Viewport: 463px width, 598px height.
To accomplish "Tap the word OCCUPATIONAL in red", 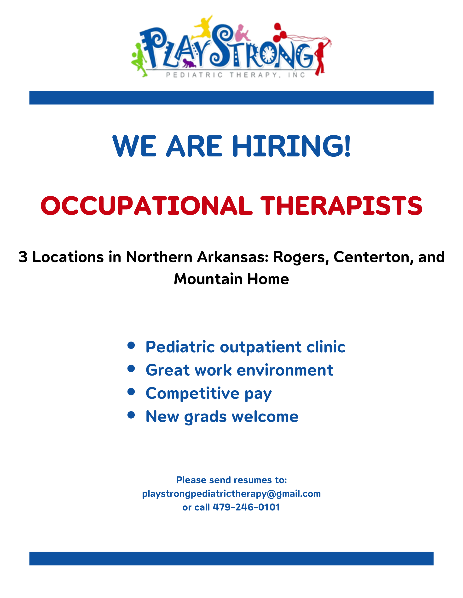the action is click(146, 206).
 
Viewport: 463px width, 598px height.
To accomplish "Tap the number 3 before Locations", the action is click(23, 257).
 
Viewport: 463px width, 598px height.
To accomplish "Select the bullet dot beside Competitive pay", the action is click(131, 392).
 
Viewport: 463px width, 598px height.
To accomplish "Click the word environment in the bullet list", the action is click(285, 370).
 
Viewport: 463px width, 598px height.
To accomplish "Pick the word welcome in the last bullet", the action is click(265, 417).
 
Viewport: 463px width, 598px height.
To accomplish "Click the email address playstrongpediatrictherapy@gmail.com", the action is click(231, 494).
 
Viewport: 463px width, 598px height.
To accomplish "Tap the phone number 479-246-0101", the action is click(246, 507).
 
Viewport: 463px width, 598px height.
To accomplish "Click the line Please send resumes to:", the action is click(231, 480).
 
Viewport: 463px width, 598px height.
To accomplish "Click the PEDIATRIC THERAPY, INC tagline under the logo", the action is click(236, 75).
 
